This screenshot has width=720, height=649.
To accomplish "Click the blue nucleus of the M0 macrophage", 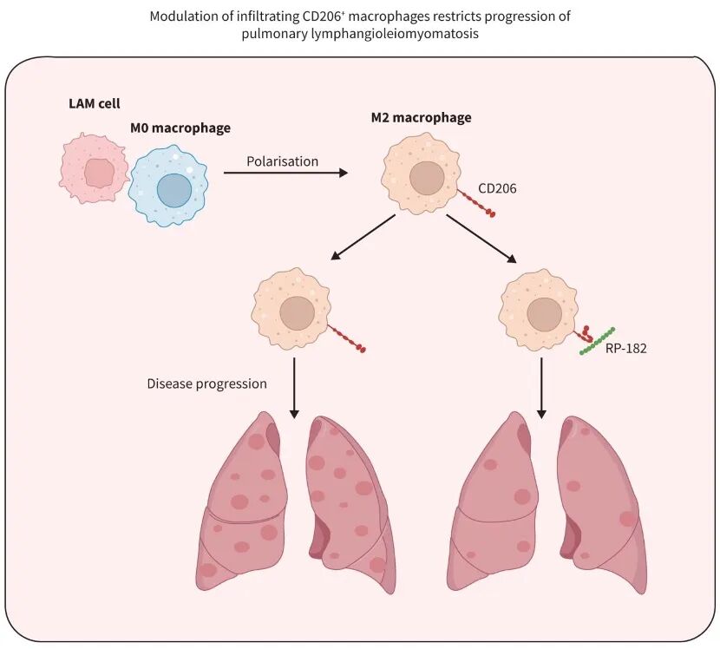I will (x=173, y=190).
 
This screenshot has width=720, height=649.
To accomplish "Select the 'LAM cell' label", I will (x=95, y=103).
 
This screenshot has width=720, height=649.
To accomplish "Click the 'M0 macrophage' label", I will (x=180, y=128).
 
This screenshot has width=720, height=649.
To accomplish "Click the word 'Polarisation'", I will (x=282, y=161).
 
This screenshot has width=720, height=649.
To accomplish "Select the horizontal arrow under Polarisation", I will (x=285, y=173).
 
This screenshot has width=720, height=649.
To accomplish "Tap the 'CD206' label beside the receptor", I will (x=498, y=187).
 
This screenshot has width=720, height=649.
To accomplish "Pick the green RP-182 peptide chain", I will (x=598, y=340).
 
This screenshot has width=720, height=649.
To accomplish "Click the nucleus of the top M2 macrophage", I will (x=426, y=178).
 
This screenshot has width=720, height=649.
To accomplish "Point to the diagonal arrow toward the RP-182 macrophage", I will (x=481, y=238).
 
